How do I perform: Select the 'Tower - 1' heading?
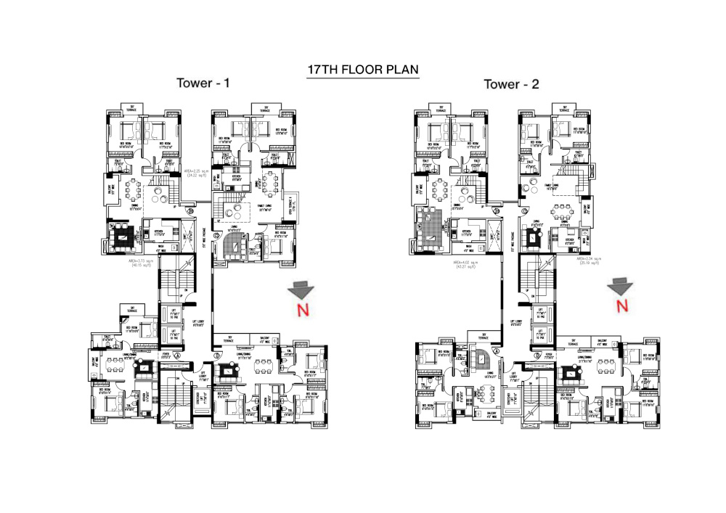coord(203,83)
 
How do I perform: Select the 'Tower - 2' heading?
coord(512,85)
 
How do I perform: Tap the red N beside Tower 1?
coord(300,311)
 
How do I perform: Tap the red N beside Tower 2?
coord(621,305)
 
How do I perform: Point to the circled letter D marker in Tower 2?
coord(537,356)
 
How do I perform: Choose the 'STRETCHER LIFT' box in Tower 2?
coord(513,399)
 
